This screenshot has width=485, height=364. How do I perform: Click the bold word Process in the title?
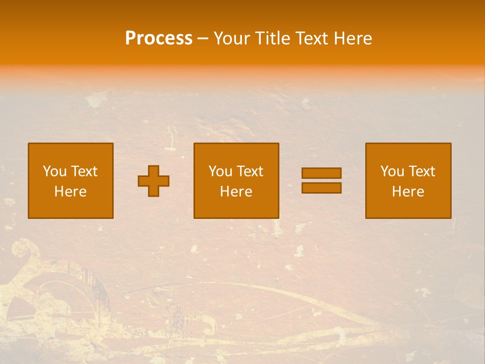159,38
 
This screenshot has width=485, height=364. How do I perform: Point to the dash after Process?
203,39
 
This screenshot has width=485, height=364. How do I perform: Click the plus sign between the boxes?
154,181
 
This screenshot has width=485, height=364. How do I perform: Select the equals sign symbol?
321,180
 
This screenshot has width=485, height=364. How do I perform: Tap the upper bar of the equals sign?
321,173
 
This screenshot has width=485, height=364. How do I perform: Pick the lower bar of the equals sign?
321,188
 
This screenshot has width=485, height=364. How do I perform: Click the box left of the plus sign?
71,181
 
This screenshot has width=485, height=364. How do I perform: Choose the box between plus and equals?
236,181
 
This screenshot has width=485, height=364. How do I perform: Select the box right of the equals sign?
408,181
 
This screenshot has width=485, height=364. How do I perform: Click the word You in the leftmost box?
55,171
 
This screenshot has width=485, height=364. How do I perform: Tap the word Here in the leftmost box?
71,192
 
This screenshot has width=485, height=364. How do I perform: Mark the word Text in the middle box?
250,171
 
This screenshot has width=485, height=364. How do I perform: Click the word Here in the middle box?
236,192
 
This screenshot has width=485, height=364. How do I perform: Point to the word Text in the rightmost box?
422,171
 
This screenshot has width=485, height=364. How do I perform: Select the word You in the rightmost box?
392,171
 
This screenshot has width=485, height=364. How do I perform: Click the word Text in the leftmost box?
84,171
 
